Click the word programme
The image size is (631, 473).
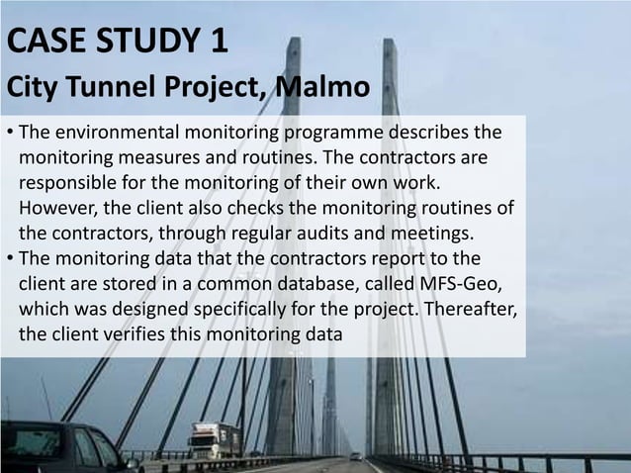point(332,133)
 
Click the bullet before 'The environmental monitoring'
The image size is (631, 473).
point(8,134)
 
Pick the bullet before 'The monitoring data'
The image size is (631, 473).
point(8,259)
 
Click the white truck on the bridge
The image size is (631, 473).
point(214,439)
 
